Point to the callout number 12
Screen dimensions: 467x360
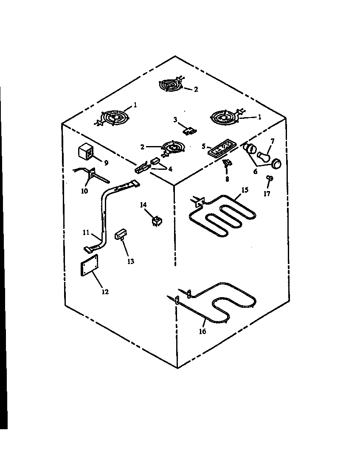[105, 292]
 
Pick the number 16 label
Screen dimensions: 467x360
[202, 331]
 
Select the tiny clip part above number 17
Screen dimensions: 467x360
[269, 178]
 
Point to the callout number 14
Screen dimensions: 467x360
[143, 205]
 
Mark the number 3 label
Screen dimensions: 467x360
[175, 120]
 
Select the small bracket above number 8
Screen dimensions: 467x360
[226, 163]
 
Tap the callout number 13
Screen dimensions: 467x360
[130, 262]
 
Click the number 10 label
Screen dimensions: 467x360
[84, 191]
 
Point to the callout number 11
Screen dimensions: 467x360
[86, 233]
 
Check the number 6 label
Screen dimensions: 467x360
[255, 172]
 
